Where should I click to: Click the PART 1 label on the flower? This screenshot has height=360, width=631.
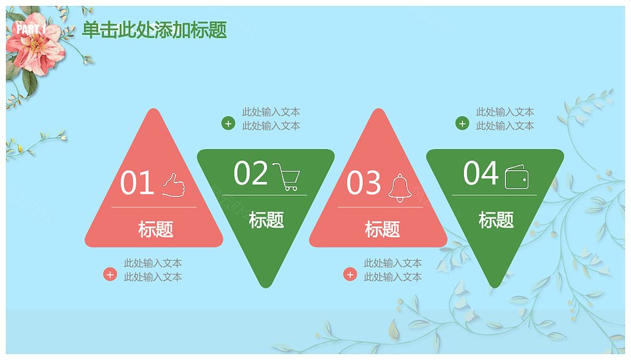(31, 29)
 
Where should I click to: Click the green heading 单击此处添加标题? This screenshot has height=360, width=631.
(154, 30)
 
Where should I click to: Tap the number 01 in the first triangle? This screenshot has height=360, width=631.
(137, 182)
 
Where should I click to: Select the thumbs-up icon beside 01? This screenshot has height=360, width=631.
(174, 185)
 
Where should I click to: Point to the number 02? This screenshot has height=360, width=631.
(250, 173)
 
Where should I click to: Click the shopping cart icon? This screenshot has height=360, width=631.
(286, 176)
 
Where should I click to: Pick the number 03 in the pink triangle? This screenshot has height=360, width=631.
(363, 182)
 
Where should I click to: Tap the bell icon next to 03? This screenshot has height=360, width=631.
(400, 188)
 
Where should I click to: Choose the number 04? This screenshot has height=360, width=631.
(480, 173)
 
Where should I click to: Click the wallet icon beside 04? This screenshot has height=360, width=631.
(517, 177)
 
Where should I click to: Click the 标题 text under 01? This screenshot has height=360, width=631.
(156, 229)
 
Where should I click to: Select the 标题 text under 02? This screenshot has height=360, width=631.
(266, 219)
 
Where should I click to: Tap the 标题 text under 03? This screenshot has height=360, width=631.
(383, 229)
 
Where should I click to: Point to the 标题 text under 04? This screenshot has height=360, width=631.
(496, 219)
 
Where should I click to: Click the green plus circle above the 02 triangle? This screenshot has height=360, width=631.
(228, 124)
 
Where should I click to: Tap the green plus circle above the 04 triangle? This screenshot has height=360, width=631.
(462, 124)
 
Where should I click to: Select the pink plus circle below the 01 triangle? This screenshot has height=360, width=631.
(110, 275)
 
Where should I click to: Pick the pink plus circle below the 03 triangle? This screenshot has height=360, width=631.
(350, 275)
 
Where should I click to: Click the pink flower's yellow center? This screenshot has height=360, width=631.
(35, 43)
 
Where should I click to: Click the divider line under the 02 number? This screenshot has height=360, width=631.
(264, 195)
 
